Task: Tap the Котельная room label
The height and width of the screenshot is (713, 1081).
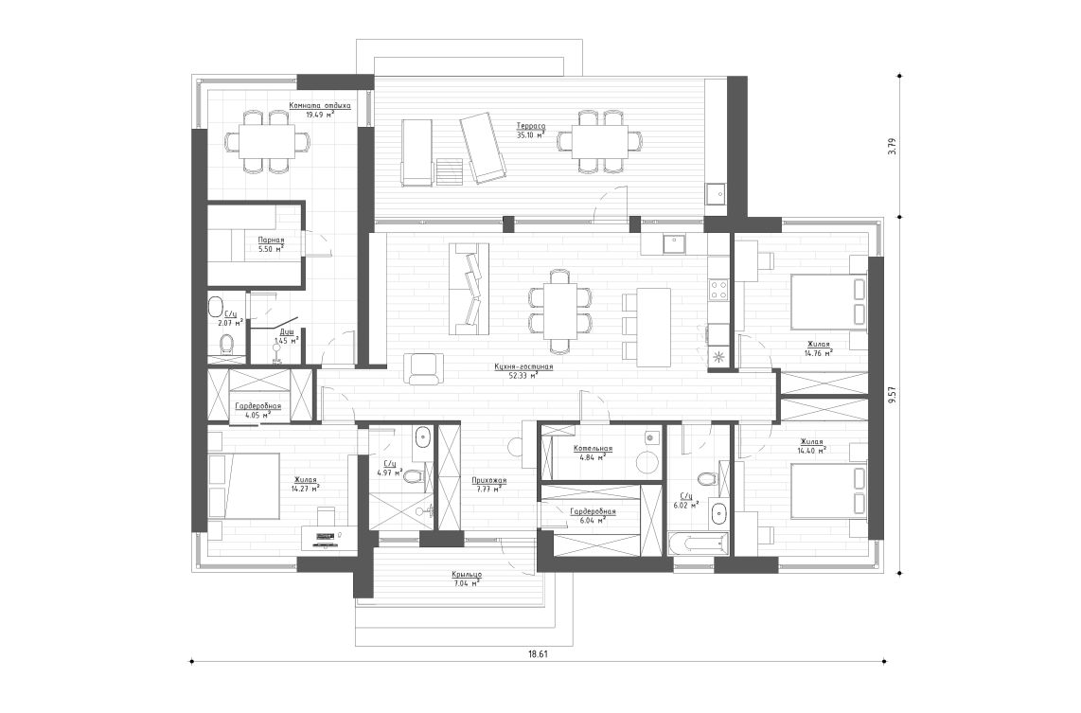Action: [593, 449]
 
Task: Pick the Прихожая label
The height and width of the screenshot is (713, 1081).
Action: [489, 480]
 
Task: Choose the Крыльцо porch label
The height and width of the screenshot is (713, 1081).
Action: [467, 575]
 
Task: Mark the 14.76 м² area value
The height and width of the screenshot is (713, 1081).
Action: [819, 353]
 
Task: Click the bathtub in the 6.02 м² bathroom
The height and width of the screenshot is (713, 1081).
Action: [699, 544]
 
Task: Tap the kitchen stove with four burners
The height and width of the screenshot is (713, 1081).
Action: [718, 289]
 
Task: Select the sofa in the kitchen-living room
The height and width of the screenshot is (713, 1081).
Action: [469, 289]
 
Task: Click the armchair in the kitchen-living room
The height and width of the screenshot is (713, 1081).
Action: [424, 367]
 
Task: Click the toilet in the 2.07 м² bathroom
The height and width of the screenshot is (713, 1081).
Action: [226, 345]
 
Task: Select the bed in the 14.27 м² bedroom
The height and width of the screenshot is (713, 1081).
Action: [244, 486]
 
